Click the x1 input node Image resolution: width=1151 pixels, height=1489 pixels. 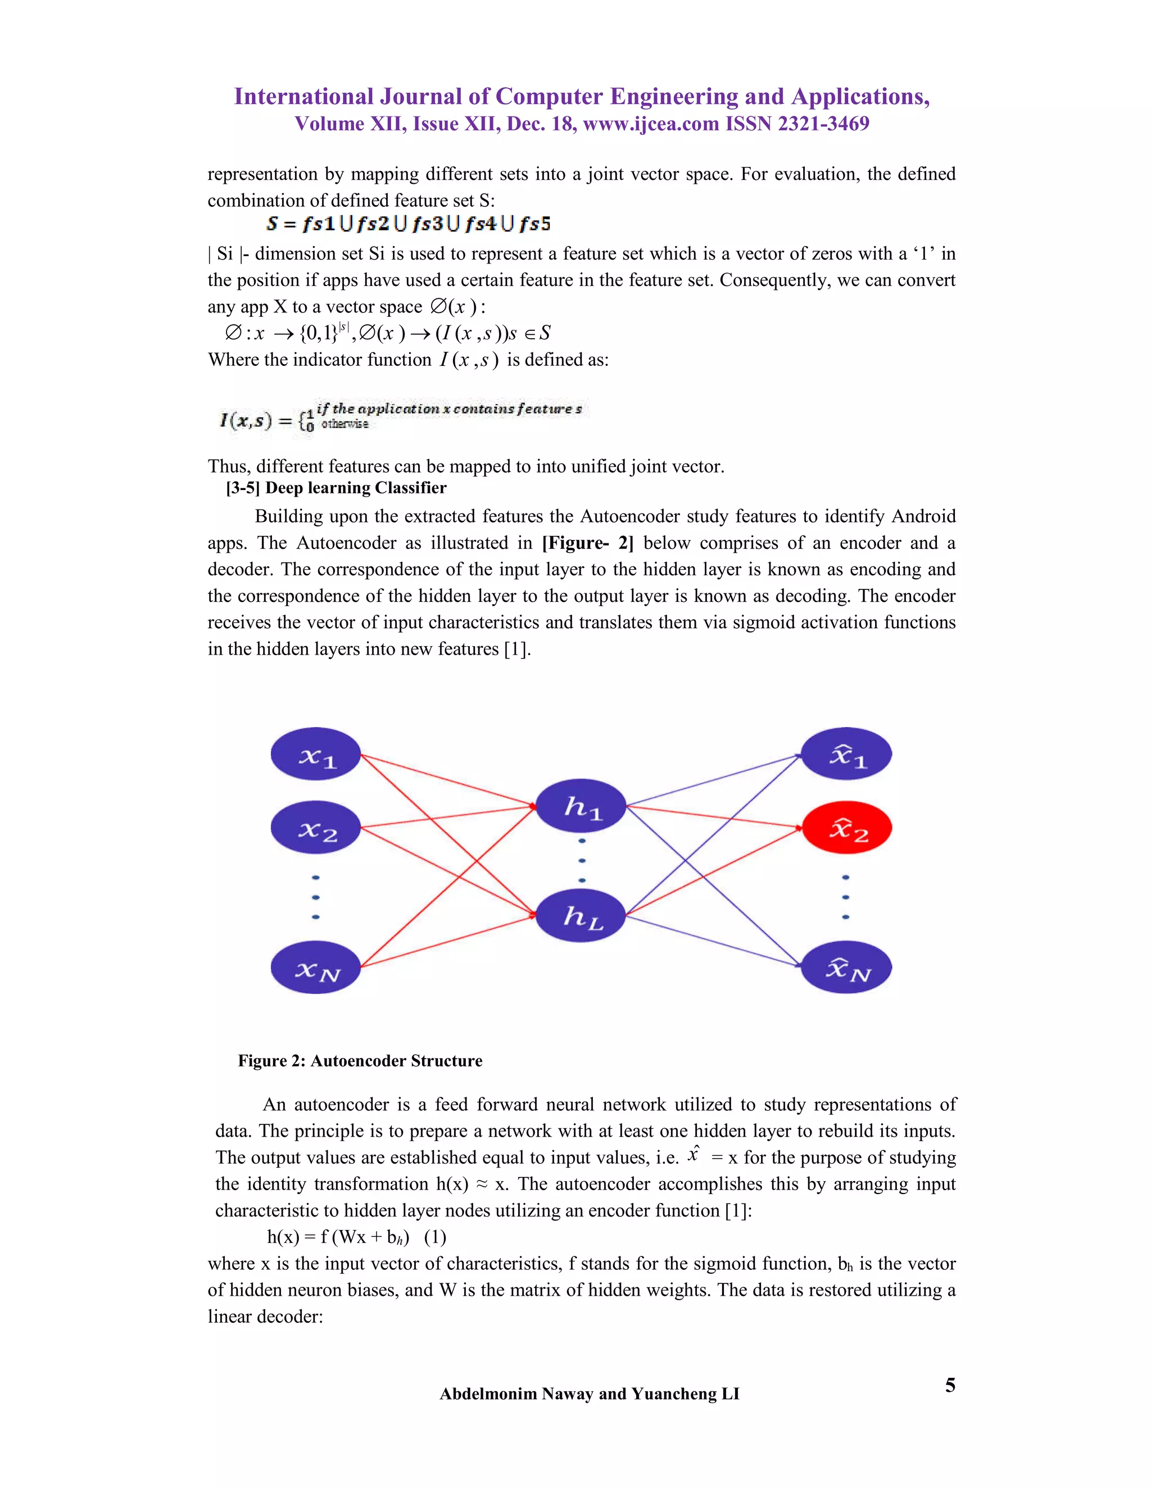(x=316, y=754)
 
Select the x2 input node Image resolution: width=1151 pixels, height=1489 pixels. (x=316, y=828)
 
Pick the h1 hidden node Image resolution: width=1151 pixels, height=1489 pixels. (x=581, y=806)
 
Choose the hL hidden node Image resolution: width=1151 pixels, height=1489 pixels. (x=581, y=916)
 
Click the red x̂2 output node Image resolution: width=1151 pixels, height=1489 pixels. (x=846, y=828)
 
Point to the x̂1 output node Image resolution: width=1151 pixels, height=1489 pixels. (x=846, y=754)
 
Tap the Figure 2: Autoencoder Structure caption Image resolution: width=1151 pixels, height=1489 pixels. (x=360, y=1061)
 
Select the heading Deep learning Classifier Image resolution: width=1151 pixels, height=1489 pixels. (x=355, y=488)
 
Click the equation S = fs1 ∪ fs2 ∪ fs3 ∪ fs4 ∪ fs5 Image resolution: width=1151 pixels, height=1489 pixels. (x=409, y=224)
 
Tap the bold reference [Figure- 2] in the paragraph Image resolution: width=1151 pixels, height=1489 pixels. (x=588, y=543)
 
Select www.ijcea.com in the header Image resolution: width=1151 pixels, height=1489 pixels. (x=651, y=124)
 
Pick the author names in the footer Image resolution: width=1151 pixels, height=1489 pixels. (x=589, y=1393)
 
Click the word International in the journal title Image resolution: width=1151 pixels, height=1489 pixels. (x=303, y=97)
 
